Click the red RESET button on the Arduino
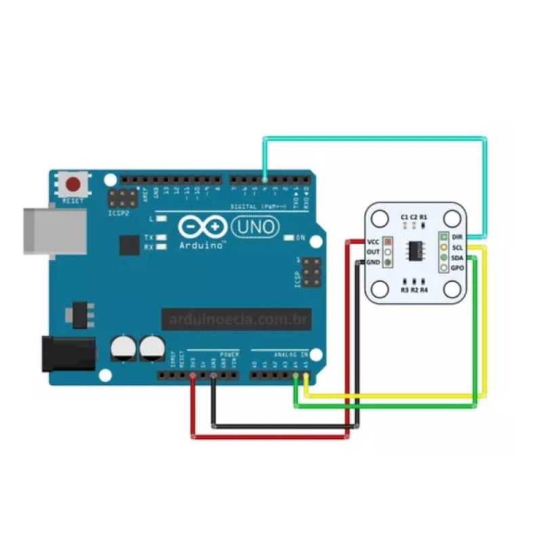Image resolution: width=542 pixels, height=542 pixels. (72, 184)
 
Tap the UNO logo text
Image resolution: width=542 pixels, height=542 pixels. (255, 226)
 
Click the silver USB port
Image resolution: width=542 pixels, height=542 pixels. (56, 231)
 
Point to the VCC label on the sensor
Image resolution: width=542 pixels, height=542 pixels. (373, 242)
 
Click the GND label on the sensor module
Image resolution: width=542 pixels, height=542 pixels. (373, 262)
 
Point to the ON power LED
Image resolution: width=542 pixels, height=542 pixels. (289, 238)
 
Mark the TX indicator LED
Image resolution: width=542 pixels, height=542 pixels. (161, 238)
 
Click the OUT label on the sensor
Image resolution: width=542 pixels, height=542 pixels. (373, 252)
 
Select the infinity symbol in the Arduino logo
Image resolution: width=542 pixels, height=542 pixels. (204, 226)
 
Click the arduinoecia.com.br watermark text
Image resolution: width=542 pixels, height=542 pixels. (240, 318)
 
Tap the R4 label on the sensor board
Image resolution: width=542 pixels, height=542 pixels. (424, 290)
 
